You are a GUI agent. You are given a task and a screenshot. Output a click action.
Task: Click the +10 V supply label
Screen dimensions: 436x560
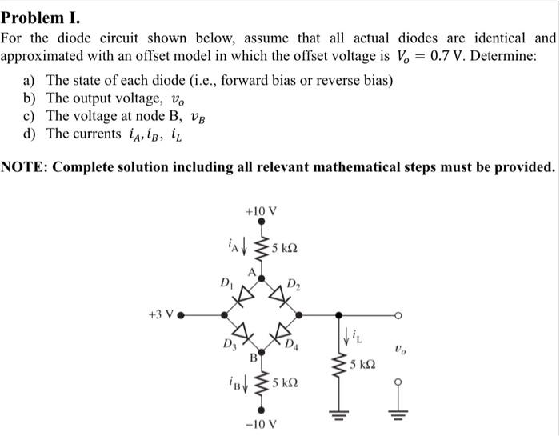point(262,211)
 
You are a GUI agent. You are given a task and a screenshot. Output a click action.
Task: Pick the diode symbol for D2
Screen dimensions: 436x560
point(280,293)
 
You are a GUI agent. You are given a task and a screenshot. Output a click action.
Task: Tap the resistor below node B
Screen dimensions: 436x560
point(261,385)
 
